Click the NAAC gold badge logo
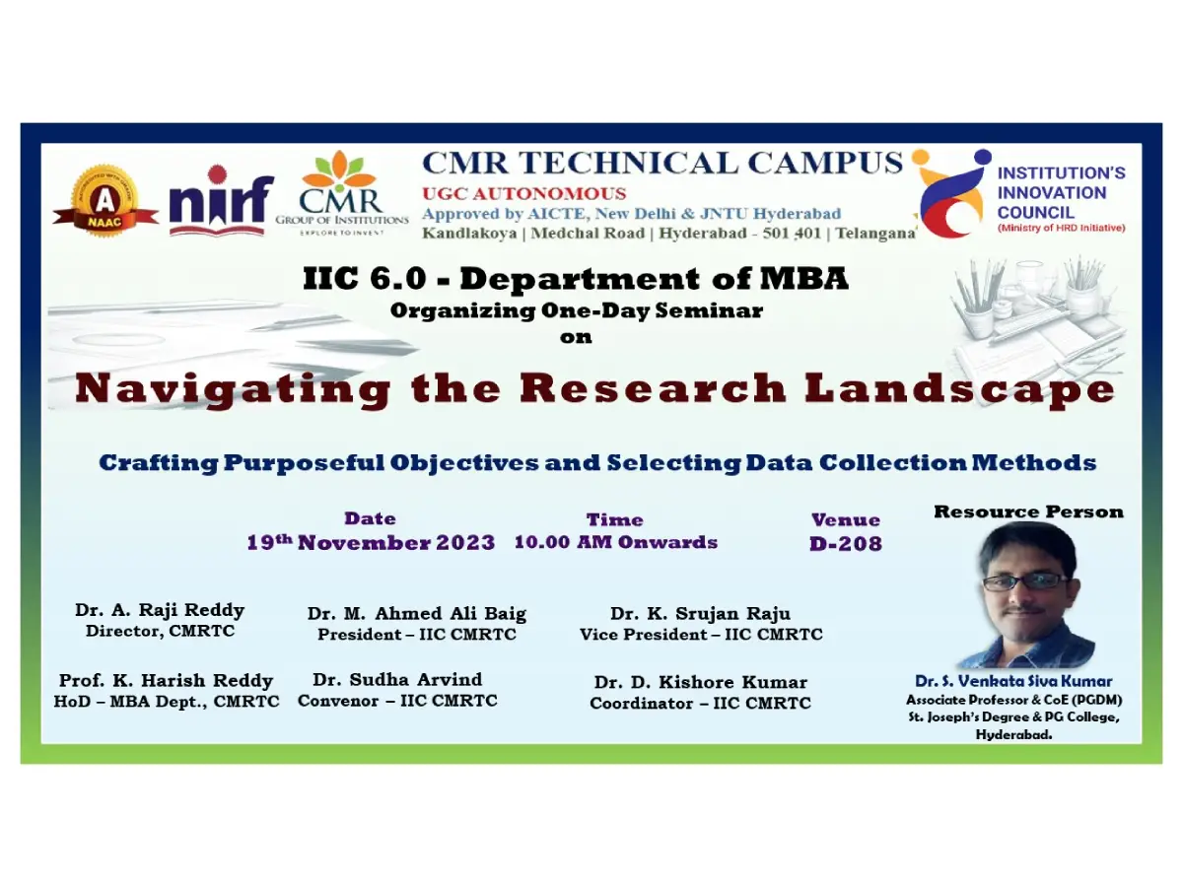tap(105, 200)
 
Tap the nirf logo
tap(222, 200)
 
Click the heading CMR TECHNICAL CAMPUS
tap(662, 163)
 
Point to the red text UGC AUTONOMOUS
tap(523, 193)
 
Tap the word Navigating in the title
tap(233, 390)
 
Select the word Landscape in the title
tap(959, 390)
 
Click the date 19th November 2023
tap(371, 542)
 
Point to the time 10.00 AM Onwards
tap(616, 542)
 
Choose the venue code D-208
tap(846, 543)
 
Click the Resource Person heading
tap(1028, 512)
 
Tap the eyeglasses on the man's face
tap(1024, 581)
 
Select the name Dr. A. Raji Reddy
tap(160, 610)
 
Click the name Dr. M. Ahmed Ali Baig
tap(417, 613)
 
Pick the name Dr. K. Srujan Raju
tap(700, 613)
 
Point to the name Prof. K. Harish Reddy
tap(166, 680)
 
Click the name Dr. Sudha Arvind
tap(397, 679)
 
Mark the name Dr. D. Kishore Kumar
tap(701, 682)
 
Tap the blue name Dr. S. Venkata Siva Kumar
tap(1013, 681)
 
